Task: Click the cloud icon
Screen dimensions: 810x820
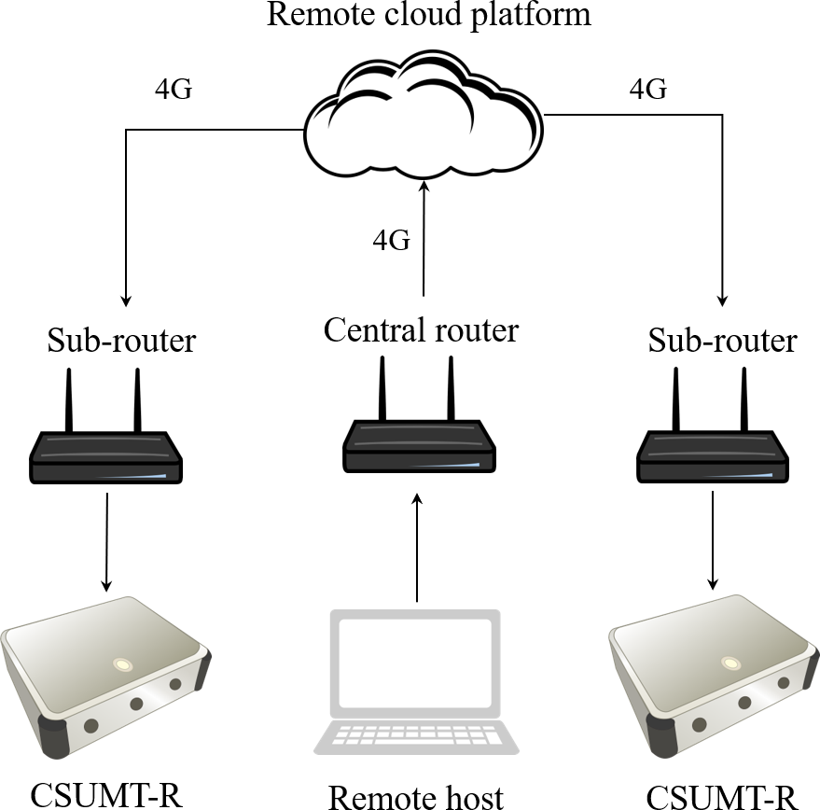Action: [x=424, y=117]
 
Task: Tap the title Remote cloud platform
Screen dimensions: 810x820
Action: [x=428, y=15]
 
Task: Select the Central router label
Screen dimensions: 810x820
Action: [x=421, y=329]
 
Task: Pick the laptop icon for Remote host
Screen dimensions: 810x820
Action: [x=417, y=681]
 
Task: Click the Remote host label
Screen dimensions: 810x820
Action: [x=416, y=796]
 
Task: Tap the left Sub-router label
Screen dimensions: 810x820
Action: [x=121, y=340]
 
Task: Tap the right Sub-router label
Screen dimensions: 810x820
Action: [x=722, y=341]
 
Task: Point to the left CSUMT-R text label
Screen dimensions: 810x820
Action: [x=104, y=794]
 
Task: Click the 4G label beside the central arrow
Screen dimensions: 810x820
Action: [x=391, y=241]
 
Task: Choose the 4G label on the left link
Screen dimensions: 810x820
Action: [x=173, y=91]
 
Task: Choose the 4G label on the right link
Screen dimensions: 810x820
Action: [x=648, y=90]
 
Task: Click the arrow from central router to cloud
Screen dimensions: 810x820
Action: [x=424, y=238]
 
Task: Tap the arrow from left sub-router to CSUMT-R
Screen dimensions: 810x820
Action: [x=106, y=541]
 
